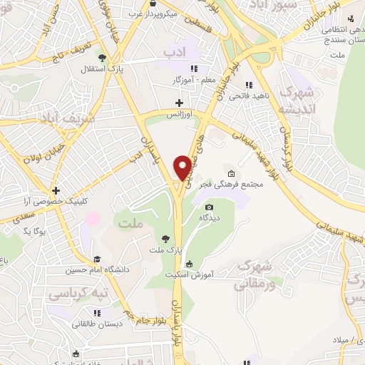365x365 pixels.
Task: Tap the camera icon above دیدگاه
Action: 209,207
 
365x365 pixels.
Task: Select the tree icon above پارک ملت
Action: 167,238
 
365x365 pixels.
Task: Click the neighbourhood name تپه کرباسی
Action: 73,293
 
